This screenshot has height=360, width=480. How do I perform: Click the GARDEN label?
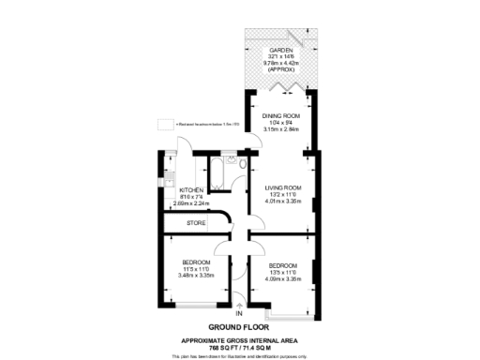(x=280, y=50)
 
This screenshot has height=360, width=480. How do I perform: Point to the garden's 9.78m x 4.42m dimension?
(x=280, y=63)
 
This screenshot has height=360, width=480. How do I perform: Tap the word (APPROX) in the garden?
(x=280, y=70)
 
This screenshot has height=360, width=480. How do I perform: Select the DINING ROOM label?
(x=280, y=116)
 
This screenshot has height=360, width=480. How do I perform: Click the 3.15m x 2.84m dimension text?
(x=280, y=129)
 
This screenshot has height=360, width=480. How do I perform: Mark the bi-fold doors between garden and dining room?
(x=280, y=89)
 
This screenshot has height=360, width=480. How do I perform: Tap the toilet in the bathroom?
(x=242, y=166)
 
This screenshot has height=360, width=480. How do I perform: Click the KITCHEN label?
(x=191, y=189)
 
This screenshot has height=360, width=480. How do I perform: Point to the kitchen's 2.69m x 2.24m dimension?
(x=191, y=202)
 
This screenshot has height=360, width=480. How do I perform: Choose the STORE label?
(x=195, y=223)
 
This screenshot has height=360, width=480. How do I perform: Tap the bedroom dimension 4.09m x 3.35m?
(x=281, y=278)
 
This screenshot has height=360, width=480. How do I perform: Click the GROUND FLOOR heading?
(x=240, y=327)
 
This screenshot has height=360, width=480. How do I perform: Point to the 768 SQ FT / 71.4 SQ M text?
(x=240, y=346)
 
